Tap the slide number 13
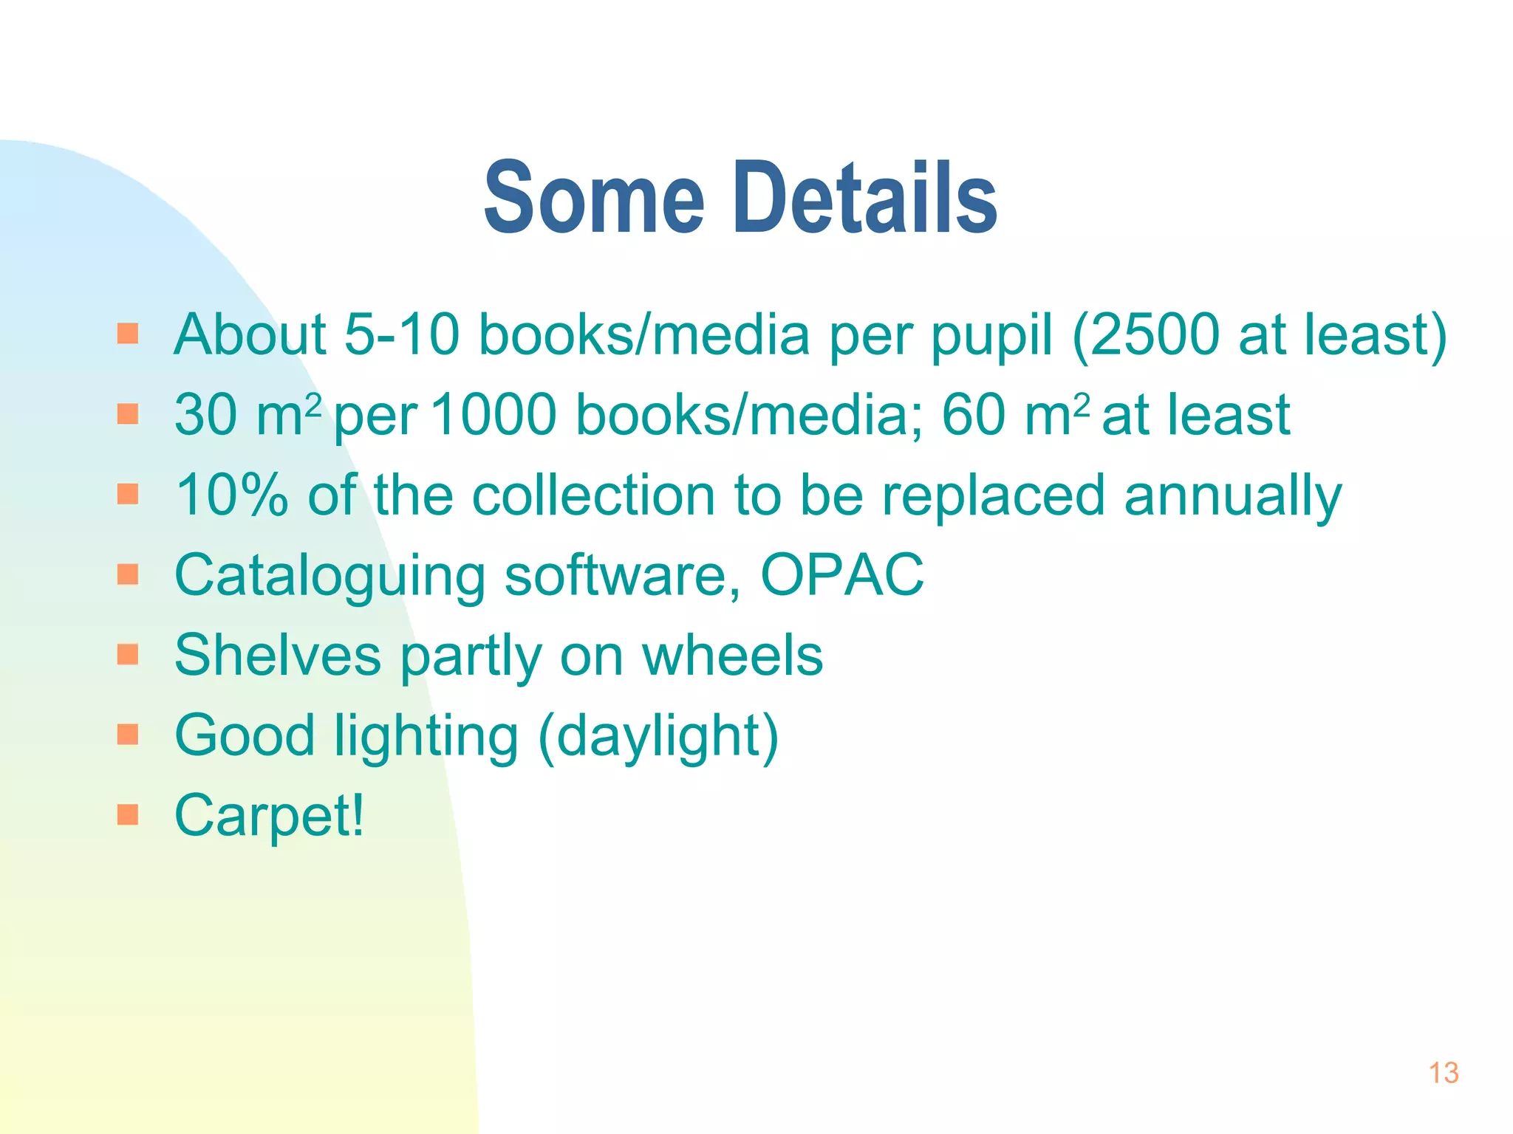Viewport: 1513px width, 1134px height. (1444, 1073)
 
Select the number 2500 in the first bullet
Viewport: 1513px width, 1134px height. (1155, 334)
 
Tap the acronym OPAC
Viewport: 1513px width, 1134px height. (842, 574)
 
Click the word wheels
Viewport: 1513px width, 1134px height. (732, 655)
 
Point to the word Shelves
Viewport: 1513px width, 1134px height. (278, 655)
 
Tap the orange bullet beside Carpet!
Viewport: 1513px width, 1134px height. (128, 814)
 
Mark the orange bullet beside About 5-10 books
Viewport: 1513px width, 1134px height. (128, 334)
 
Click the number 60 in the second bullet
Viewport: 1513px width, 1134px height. (974, 414)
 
